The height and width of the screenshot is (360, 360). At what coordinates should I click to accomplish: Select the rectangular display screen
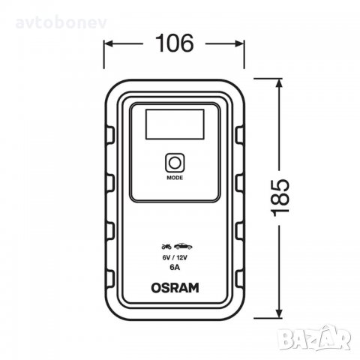click(175, 122)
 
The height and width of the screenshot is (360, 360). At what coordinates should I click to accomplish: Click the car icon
click(184, 246)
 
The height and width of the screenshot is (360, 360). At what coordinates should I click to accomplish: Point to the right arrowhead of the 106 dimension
click(244, 43)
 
